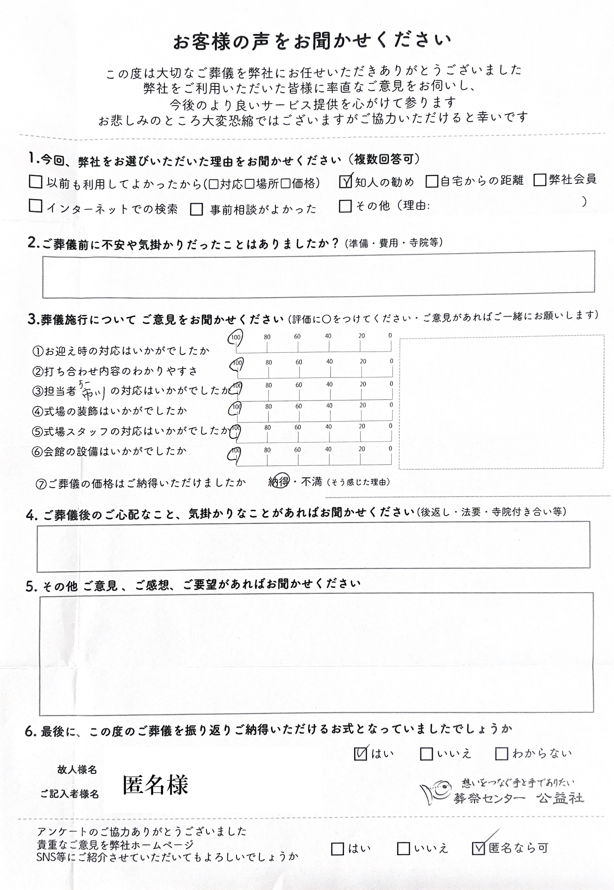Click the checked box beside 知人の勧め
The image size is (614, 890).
pos(345,182)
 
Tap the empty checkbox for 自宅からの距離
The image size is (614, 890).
pos(432,181)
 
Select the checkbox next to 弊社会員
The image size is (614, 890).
pos(540,179)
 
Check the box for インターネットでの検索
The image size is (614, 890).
pos(35,206)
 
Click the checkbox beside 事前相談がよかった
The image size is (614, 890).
pos(196,209)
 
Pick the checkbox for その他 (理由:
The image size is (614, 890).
pos(345,206)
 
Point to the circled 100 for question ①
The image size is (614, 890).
pos(235,338)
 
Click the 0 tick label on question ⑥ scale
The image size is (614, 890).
pos(390,448)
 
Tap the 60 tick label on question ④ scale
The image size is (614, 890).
pos(298,406)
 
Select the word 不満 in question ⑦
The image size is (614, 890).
pos(311,481)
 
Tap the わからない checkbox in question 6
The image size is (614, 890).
pos(501,754)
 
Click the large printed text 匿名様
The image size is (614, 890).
pos(155,785)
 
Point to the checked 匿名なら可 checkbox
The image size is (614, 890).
pos(478,848)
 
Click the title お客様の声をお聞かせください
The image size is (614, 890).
pos(312,41)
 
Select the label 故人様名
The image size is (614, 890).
pos(77,770)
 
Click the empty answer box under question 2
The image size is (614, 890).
pos(318,274)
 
